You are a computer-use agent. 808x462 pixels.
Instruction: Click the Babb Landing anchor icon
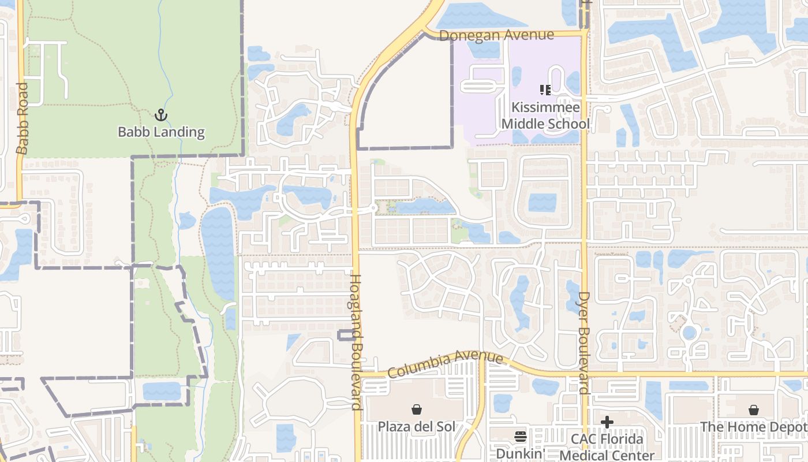coord(161,115)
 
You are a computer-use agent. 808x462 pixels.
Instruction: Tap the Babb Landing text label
coord(161,132)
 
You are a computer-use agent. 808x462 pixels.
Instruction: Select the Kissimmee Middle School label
coord(545,115)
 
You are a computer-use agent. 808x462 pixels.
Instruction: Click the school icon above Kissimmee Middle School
coord(545,90)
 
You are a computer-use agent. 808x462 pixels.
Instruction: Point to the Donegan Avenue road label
coord(496,35)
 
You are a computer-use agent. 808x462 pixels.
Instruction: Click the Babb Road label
coord(22,118)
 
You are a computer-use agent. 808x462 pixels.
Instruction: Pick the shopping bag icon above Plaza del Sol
coord(416,410)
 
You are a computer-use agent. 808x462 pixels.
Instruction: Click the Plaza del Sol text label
coord(416,427)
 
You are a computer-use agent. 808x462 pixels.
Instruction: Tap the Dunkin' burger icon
coord(521,437)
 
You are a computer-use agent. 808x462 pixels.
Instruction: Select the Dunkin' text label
coord(521,454)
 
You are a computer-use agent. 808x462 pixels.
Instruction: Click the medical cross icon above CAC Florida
coord(607,422)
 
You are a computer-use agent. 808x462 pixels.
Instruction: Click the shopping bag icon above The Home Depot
coord(753,410)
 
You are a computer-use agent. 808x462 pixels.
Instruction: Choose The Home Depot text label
coord(753,427)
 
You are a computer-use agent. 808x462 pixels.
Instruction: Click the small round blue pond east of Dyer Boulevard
coord(689,333)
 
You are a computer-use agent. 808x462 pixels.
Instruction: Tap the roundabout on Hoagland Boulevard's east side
coord(373,208)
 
